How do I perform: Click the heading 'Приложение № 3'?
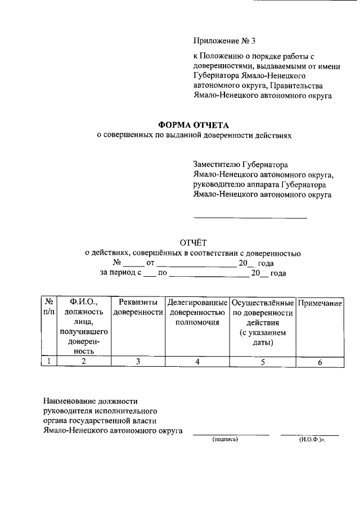tap(224, 41)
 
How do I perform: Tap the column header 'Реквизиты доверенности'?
tap(138, 307)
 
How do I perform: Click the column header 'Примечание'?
tap(319, 303)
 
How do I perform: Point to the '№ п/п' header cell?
tap(49, 307)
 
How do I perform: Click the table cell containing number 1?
tap(49, 362)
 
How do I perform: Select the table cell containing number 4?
tap(197, 362)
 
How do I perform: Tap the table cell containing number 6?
tap(319, 362)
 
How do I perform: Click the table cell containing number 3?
tap(138, 362)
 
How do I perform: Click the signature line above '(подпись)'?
tap(231, 434)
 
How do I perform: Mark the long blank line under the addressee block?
tap(250, 217)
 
